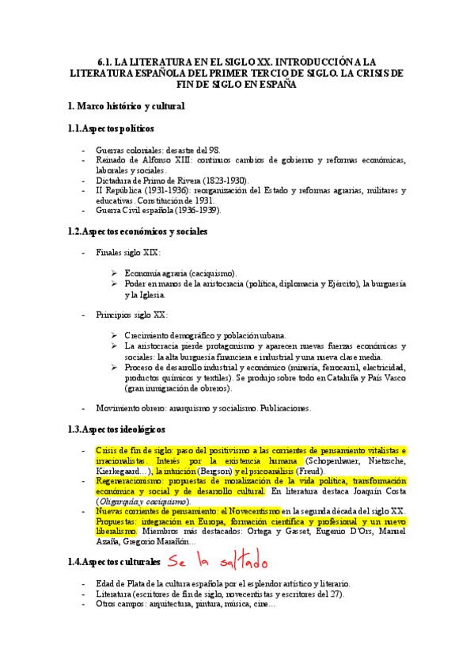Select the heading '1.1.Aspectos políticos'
111,128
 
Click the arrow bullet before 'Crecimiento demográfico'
115,336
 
